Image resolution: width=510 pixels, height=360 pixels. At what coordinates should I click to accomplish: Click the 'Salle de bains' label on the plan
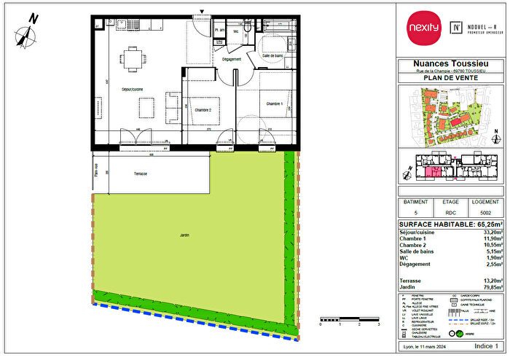click(275, 56)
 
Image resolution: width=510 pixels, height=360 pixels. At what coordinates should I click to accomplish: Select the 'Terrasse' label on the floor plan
click(141, 174)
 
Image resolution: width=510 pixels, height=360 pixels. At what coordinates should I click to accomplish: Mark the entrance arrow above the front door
click(203, 10)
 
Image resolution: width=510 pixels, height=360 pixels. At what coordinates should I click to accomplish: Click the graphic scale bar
click(350, 340)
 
